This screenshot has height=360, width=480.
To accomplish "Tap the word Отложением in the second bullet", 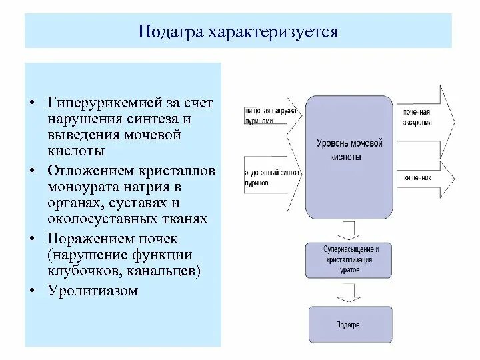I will pos(84,171).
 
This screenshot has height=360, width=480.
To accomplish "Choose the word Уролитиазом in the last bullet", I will pos(92,290).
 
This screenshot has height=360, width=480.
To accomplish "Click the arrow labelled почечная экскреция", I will pos(426,117).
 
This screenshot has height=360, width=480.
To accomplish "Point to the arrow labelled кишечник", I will pos(426,177).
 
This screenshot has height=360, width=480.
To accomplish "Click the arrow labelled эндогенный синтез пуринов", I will pos(267,177).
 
